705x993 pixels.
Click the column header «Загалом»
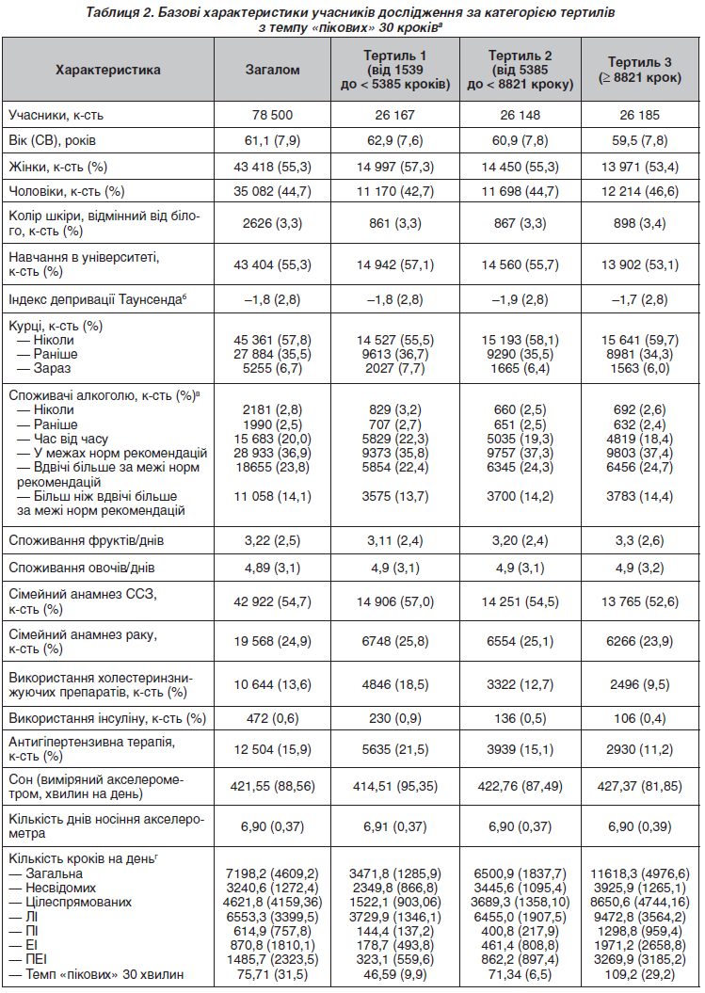272,70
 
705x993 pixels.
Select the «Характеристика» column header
107,70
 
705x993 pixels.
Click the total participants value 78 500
272,115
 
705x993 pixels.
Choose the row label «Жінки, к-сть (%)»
58,168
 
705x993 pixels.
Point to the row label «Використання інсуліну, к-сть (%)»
107,719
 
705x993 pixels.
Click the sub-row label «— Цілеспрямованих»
74,902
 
